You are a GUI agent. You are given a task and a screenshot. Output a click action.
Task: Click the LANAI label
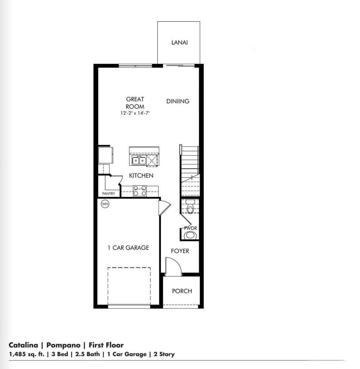click(x=179, y=43)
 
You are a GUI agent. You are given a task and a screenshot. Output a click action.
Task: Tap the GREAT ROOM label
click(x=135, y=103)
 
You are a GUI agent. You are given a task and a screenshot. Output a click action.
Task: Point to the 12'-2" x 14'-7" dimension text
click(x=135, y=113)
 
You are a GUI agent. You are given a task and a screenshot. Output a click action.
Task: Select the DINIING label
click(x=178, y=101)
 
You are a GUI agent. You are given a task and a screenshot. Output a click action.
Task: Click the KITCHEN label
click(x=141, y=176)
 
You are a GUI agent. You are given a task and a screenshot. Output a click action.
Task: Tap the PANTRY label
click(x=108, y=194)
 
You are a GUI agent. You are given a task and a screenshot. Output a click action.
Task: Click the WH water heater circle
click(x=105, y=204)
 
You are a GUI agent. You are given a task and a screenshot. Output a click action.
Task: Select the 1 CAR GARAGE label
click(x=128, y=248)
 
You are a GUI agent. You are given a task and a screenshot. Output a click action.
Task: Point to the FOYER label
click(x=180, y=251)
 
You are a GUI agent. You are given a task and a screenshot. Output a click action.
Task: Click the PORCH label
click(x=182, y=291)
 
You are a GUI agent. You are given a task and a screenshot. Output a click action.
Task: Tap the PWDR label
click(x=190, y=228)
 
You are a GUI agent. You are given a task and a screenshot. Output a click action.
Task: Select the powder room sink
click(x=190, y=236)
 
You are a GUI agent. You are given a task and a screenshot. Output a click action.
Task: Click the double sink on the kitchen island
click(x=138, y=161)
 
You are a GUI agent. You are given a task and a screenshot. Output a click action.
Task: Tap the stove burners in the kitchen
click(x=140, y=191)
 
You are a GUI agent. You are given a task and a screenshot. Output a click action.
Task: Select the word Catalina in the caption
click(x=23, y=345)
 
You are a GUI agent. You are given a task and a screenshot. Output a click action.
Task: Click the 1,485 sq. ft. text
click(x=27, y=354)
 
